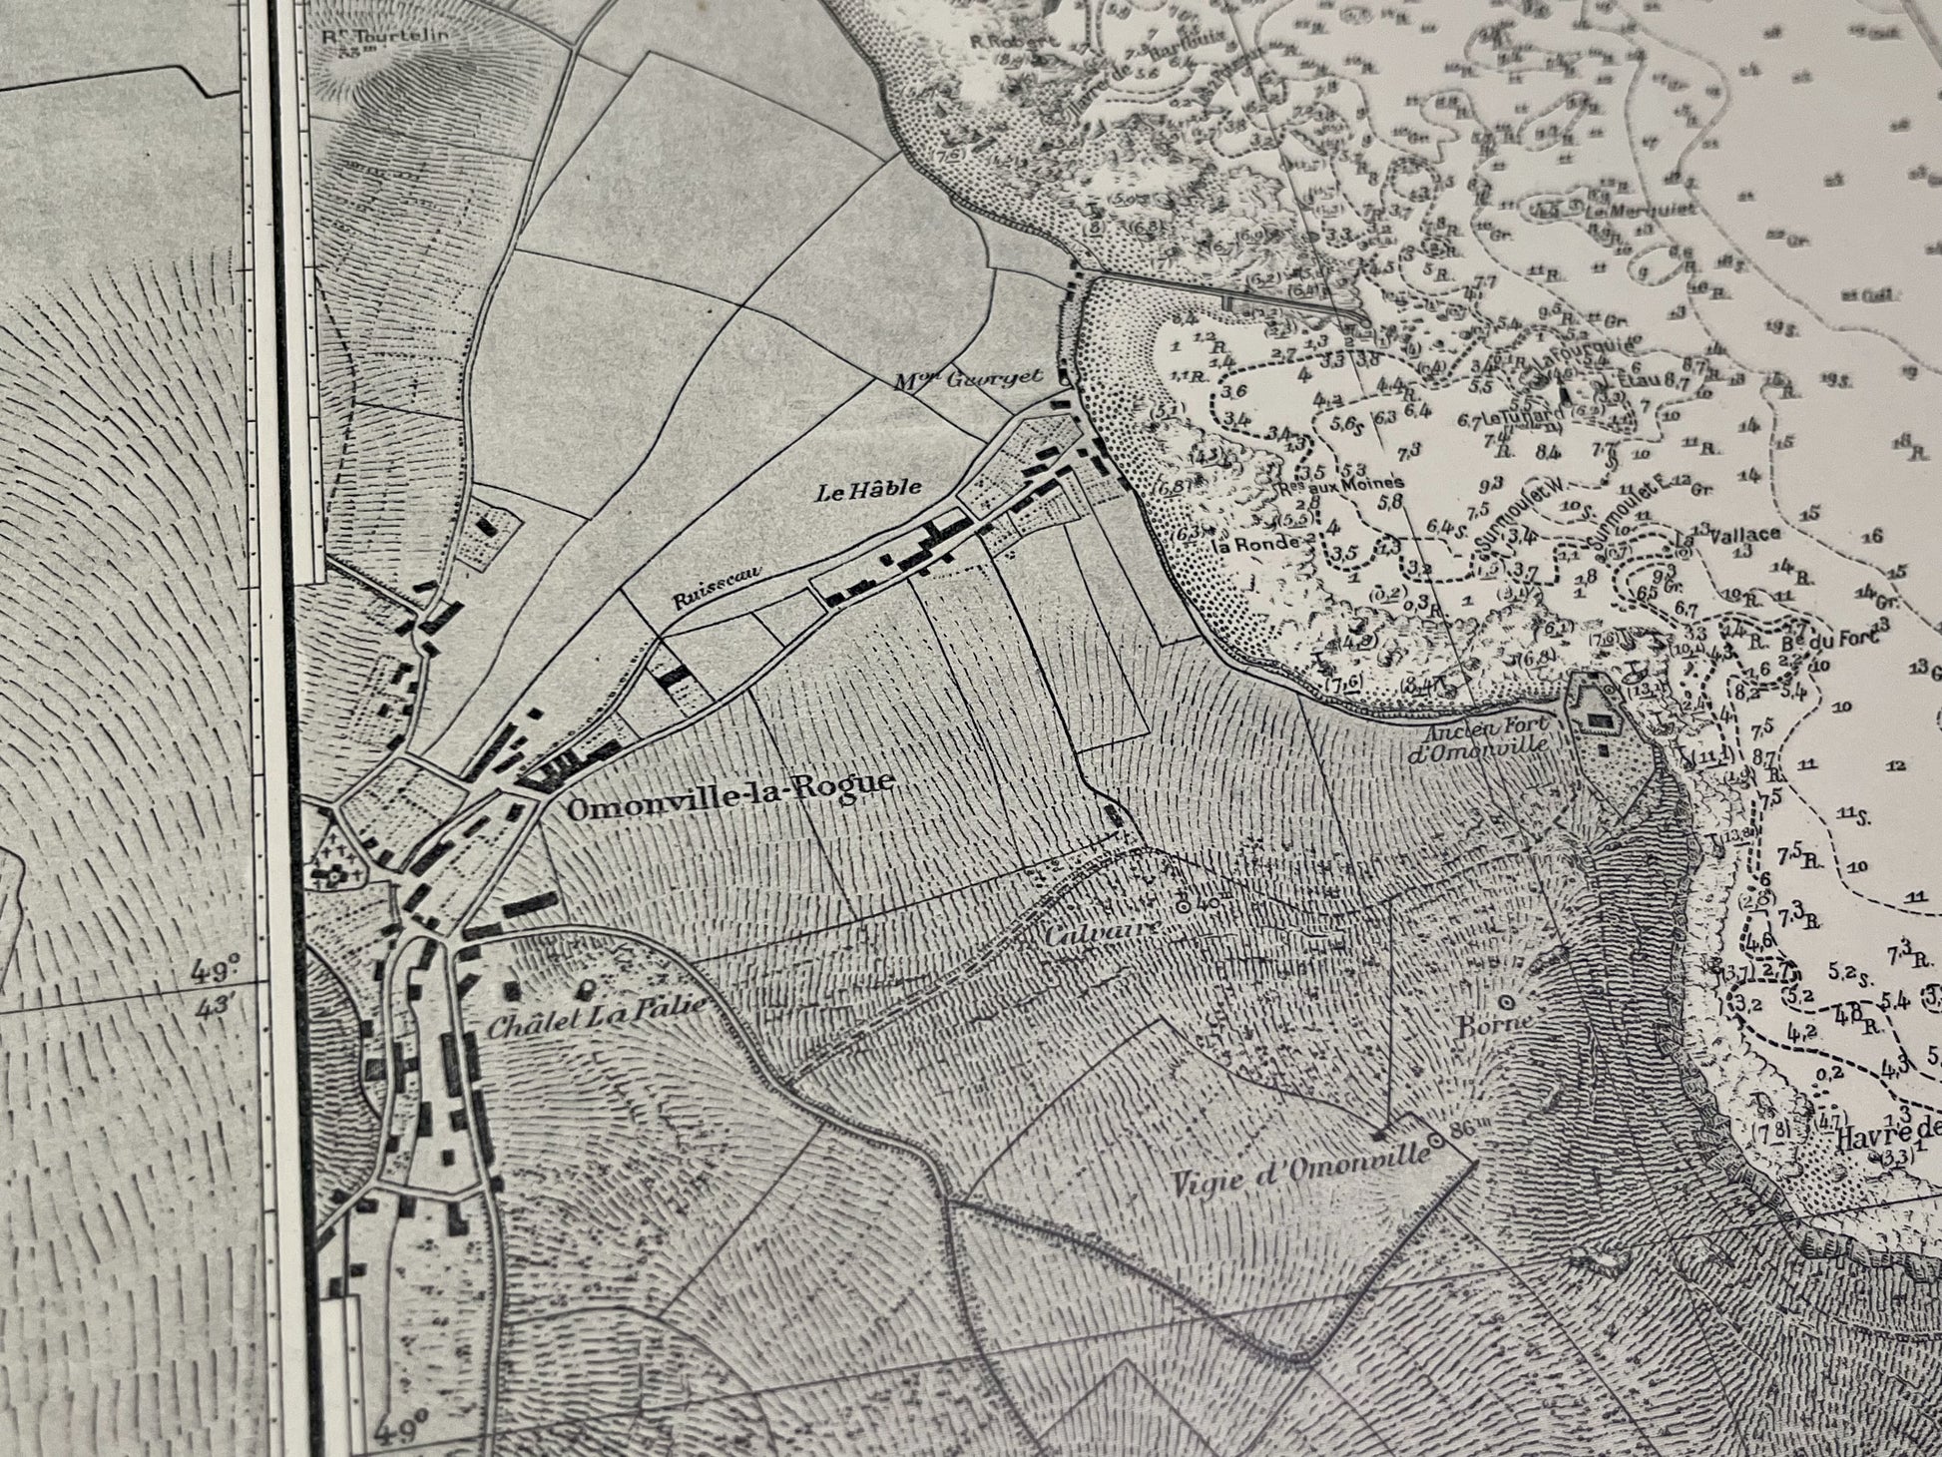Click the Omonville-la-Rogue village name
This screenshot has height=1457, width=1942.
pos(728,784)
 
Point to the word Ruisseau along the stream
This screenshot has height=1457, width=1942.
pos(711,583)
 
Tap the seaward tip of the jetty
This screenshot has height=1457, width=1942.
pos(1364,317)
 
